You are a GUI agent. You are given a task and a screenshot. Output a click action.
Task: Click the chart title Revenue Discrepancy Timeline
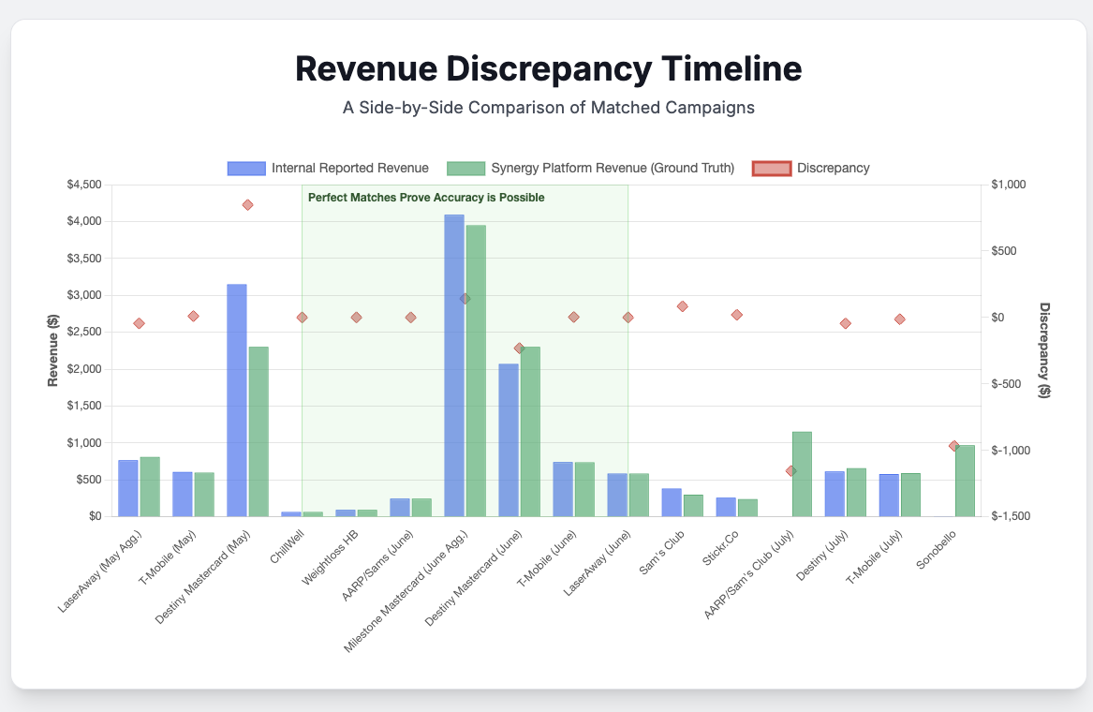click(x=548, y=69)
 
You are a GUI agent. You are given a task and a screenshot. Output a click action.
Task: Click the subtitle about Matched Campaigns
click(x=548, y=108)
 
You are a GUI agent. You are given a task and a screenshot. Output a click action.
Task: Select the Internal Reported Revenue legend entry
click(x=328, y=169)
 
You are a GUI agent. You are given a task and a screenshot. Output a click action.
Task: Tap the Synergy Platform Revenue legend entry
click(x=590, y=169)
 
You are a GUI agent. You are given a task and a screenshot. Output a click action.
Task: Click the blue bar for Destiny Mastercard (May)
click(x=237, y=400)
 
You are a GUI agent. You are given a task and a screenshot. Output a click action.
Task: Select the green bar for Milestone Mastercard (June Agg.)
click(x=476, y=370)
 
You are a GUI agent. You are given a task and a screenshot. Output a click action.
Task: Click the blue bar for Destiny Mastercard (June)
click(x=509, y=439)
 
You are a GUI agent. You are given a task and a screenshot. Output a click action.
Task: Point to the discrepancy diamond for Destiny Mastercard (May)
click(x=247, y=204)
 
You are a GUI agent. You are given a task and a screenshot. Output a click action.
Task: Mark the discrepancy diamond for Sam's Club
click(x=683, y=306)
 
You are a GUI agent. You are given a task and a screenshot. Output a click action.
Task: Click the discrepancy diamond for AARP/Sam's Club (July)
click(x=790, y=470)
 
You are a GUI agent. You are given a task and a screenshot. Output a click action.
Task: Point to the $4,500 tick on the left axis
click(x=84, y=185)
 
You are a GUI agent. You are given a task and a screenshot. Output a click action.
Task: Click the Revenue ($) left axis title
click(x=54, y=350)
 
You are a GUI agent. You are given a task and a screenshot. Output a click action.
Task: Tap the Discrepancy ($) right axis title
click(x=1045, y=350)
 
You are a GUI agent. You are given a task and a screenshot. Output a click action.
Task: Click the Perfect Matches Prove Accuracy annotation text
click(x=426, y=198)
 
